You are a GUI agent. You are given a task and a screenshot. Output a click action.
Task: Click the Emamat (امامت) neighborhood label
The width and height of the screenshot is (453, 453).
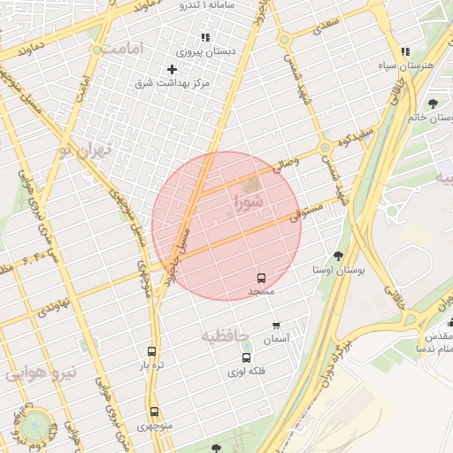point(122,50)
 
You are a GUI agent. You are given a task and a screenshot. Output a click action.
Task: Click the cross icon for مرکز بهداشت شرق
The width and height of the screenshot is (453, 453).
point(172,69)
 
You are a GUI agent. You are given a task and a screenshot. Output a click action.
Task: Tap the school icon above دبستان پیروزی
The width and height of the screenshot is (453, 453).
point(205,38)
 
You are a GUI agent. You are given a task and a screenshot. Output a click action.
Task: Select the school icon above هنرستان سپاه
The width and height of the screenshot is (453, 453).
point(405,52)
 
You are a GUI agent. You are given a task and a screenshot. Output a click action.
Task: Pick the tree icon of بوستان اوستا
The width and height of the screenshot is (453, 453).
point(337,255)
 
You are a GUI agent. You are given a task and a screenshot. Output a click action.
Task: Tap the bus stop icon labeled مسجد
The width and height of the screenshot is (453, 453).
point(261,278)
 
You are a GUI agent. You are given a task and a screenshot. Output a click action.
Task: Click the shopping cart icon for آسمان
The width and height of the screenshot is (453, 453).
point(276,326)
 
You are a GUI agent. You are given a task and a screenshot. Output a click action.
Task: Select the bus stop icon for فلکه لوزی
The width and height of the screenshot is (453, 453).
point(246,357)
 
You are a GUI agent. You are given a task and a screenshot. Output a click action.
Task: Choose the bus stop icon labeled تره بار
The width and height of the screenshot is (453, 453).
point(152,351)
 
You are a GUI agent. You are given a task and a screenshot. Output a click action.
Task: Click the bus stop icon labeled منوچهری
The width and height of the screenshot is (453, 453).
point(154,411)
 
